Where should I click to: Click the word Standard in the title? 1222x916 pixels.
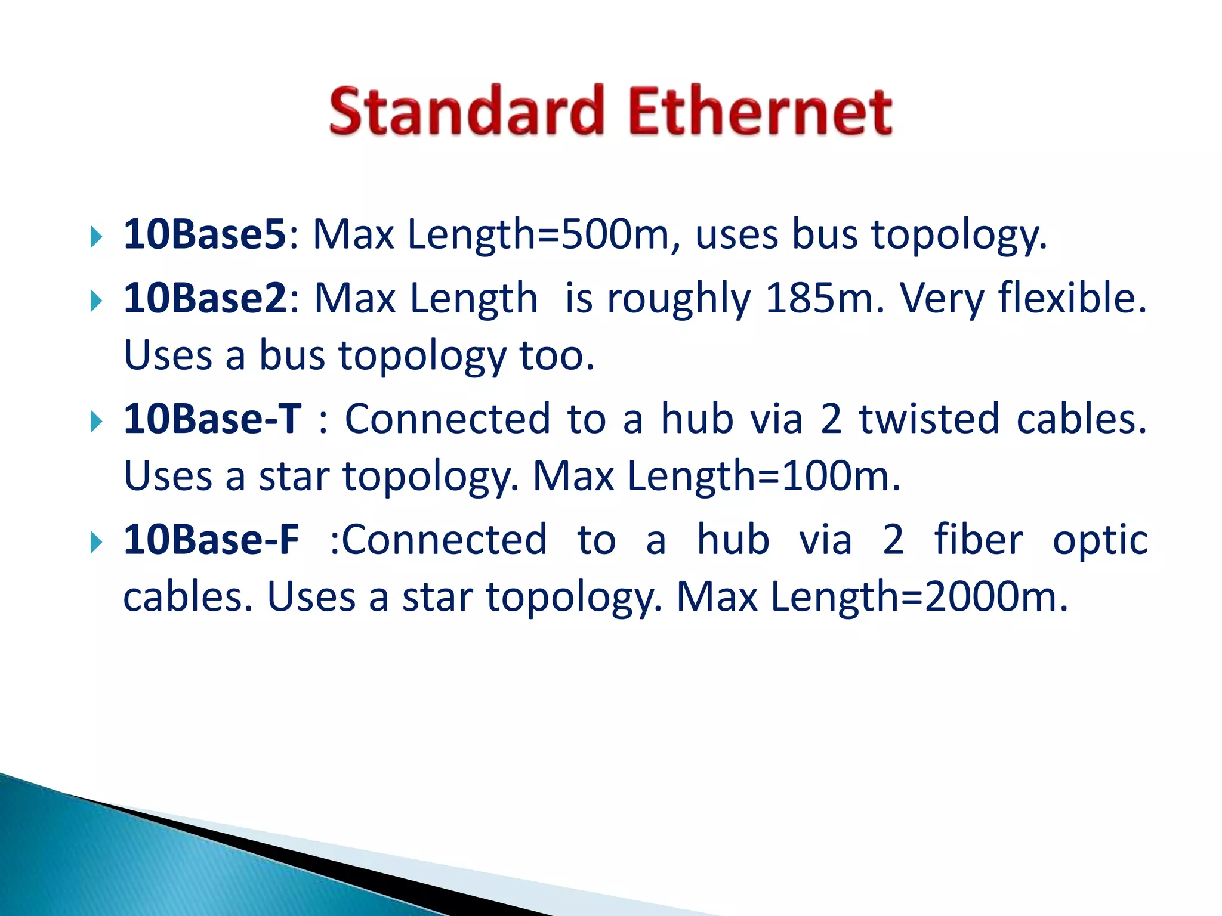pyautogui.click(x=467, y=112)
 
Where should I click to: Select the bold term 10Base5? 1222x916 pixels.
pyautogui.click(x=205, y=234)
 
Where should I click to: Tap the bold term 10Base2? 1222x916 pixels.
pyautogui.click(x=205, y=298)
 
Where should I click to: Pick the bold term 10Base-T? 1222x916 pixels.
pyautogui.click(x=212, y=419)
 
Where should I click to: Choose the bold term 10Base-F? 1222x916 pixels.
pyautogui.click(x=211, y=540)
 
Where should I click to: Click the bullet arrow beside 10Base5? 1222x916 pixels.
pyautogui.click(x=96, y=237)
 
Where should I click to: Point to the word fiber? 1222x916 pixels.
pyautogui.click(x=979, y=540)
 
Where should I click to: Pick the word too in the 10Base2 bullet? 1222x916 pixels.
pyautogui.click(x=556, y=355)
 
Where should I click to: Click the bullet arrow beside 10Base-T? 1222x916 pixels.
pyautogui.click(x=96, y=422)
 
